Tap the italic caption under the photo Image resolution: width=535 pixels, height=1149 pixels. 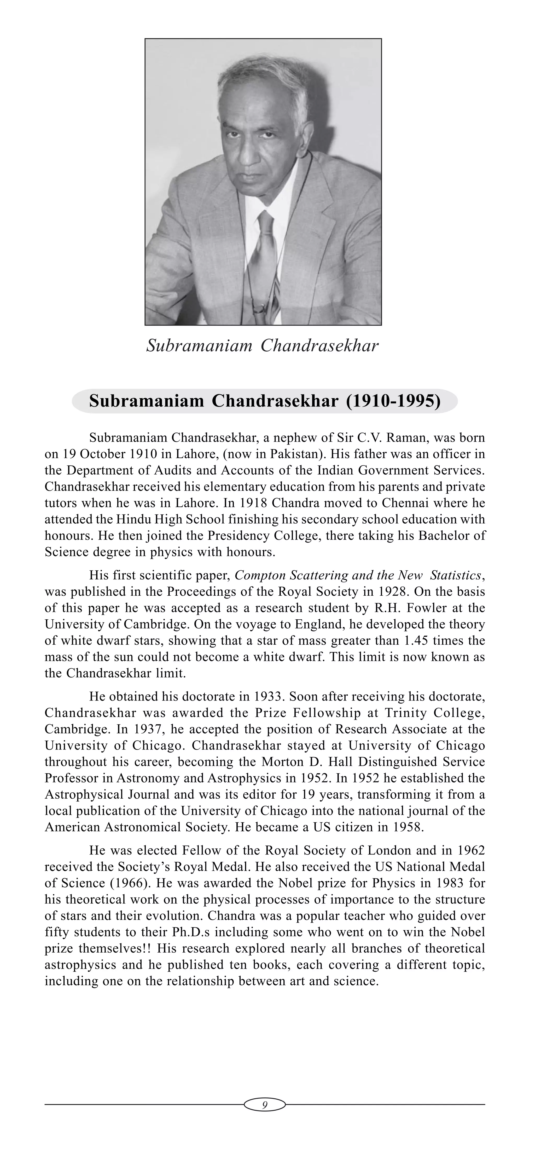point(263,346)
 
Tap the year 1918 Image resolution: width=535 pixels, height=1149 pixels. point(253,503)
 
